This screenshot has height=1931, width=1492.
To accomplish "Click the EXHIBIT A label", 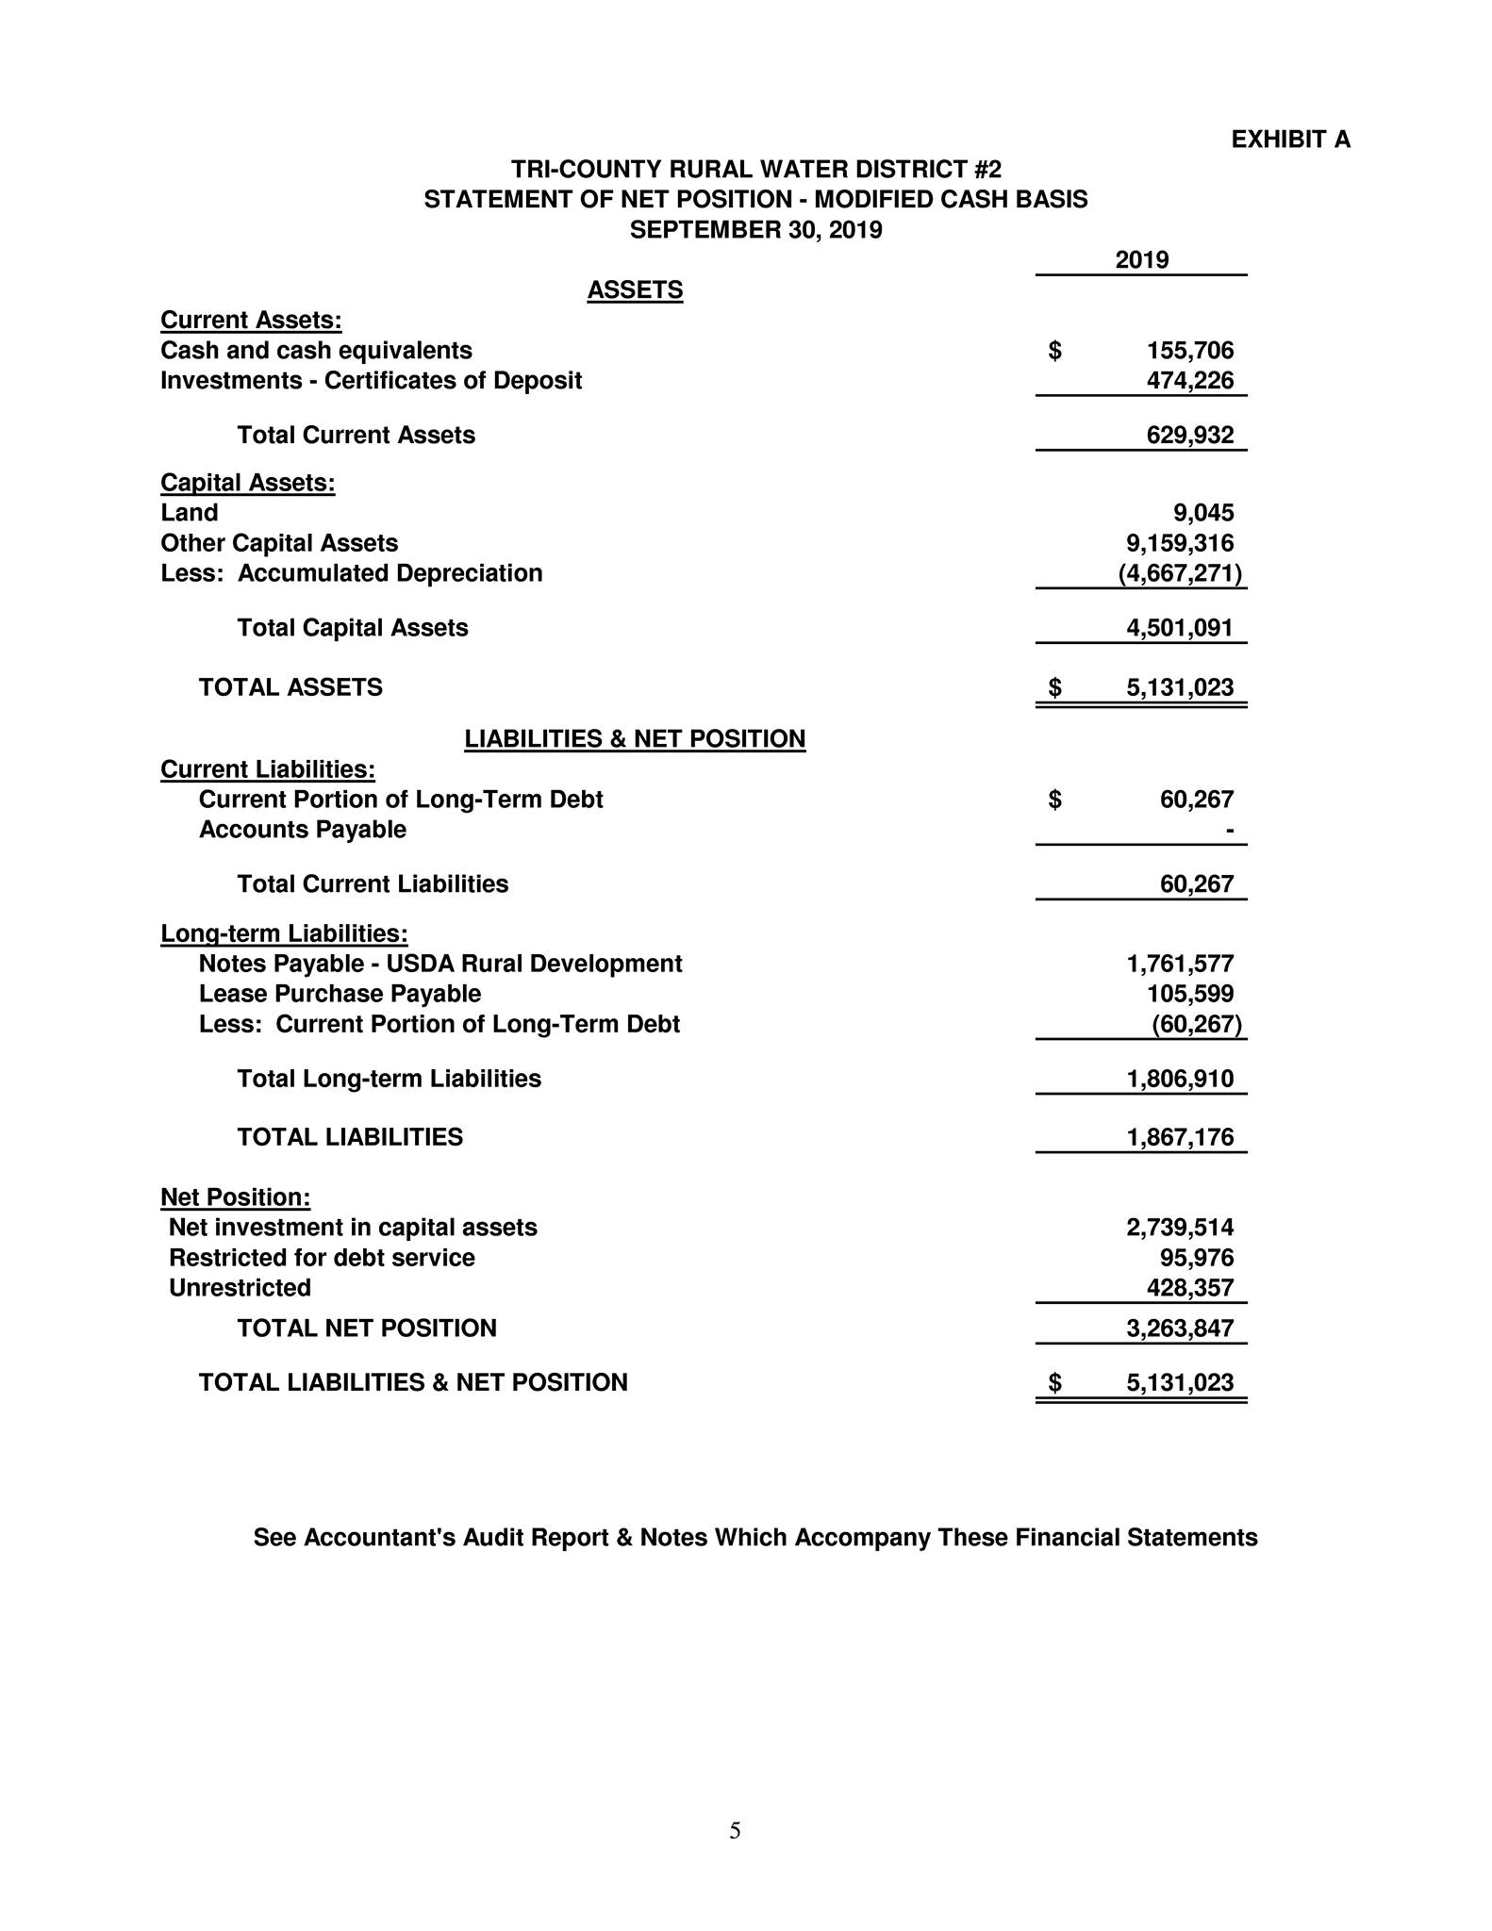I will tap(1290, 140).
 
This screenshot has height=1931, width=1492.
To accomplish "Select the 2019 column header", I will tap(1141, 259).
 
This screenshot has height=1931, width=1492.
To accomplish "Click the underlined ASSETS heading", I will tap(635, 289).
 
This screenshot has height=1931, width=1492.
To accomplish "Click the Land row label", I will tap(190, 513).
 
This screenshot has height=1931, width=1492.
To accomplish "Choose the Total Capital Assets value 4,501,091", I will tap(1180, 628).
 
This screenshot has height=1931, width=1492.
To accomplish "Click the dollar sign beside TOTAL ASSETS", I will tap(1055, 687).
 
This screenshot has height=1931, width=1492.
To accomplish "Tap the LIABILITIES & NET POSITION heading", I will tap(635, 738).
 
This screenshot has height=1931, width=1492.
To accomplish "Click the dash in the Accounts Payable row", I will tap(1229, 831).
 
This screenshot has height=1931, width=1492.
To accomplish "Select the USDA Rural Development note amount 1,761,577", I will tap(1180, 964).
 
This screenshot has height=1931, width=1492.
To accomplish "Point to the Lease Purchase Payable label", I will tap(340, 994).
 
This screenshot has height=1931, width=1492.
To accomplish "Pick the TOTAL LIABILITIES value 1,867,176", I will tap(1180, 1137).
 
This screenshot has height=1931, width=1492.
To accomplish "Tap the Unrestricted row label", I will tap(240, 1288).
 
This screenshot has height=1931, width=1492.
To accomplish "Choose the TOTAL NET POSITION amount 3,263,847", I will tap(1180, 1329).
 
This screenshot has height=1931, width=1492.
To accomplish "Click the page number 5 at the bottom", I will tap(735, 1831).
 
